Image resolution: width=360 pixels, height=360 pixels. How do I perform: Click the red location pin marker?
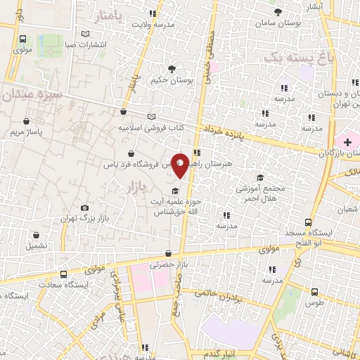pos(180,165)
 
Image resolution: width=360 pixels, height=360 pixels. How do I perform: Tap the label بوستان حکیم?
pos(172,80)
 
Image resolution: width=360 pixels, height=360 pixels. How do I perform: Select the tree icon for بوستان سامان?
pos(279,12)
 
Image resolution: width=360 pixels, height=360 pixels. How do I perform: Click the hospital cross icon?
pos(347,143)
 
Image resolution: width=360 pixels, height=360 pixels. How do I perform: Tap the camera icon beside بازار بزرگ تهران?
pos(85,208)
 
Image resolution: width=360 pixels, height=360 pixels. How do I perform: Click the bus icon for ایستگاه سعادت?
pos(64,275)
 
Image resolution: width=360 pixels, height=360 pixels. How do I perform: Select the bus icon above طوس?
pos(314,291)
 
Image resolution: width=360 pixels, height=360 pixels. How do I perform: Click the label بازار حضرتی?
pos(167,265)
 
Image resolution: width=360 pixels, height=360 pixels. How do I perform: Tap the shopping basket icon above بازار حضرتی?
pos(167,254)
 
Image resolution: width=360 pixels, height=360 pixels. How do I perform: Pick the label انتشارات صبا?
pos(86,44)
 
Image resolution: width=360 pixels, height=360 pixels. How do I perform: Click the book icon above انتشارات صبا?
pos(86,34)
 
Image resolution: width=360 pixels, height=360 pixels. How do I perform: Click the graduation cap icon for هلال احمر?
pos(260,177)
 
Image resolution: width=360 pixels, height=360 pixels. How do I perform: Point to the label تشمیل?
pos(37,246)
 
